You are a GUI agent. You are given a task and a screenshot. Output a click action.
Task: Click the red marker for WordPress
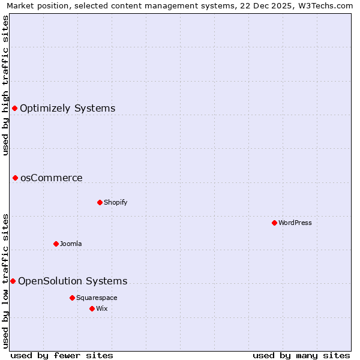(274, 223)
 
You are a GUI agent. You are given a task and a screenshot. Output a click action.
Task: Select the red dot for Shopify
(100, 202)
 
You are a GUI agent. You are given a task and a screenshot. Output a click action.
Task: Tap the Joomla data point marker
(56, 244)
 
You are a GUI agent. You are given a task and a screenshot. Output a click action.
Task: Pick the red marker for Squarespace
(72, 298)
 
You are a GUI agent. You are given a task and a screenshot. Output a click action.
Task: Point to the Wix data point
(92, 308)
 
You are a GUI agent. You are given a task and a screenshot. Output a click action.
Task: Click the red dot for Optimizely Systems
(15, 108)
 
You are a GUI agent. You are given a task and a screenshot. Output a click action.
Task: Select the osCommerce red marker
(15, 178)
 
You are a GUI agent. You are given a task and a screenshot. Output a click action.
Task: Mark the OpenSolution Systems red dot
(13, 281)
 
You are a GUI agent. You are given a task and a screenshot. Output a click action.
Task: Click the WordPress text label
(295, 223)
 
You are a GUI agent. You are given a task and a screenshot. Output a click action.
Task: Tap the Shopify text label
(116, 202)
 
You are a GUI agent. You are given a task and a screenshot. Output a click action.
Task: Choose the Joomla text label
(71, 244)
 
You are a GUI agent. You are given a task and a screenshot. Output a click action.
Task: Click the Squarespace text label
(97, 298)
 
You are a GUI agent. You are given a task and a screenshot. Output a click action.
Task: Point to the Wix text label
(102, 308)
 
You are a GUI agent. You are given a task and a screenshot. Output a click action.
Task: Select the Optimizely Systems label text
(68, 108)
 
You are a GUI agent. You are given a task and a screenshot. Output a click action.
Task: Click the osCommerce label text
(52, 178)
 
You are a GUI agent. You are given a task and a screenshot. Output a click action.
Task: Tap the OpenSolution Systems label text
(73, 281)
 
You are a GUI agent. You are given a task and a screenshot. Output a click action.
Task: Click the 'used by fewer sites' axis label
(62, 355)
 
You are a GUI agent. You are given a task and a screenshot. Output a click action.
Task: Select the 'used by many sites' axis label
(301, 355)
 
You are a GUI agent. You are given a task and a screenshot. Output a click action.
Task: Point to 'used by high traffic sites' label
(5, 85)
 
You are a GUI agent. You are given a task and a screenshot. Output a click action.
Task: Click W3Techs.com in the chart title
(325, 5)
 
